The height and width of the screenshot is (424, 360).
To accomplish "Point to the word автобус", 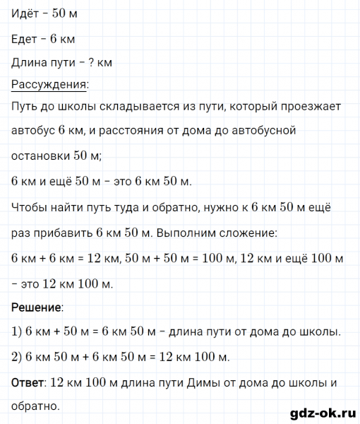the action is click(34, 131).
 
